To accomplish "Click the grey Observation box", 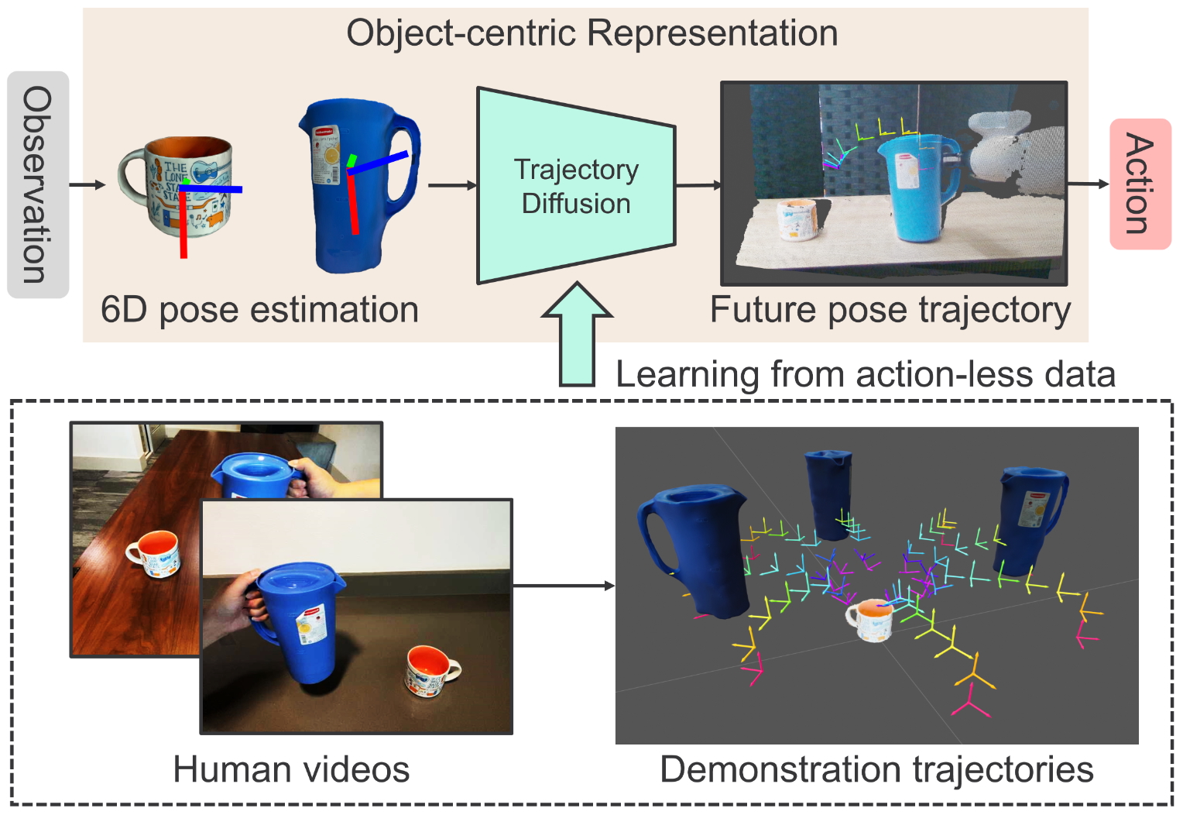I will pos(37,184).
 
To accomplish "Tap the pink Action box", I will pos(1140,184).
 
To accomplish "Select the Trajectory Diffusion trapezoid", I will pos(575,186).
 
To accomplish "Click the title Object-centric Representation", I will pos(591,33).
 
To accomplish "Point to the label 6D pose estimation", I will pos(259,310).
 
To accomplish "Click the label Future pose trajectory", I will pos(890,310).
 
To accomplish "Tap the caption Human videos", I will pos(291,769).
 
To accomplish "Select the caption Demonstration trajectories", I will pos(876,769).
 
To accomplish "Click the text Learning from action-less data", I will pos(865,374).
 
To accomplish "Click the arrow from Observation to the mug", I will pos(87,184).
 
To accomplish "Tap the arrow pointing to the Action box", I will pos(1089,184).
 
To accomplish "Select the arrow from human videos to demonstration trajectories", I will pos(563,586).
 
